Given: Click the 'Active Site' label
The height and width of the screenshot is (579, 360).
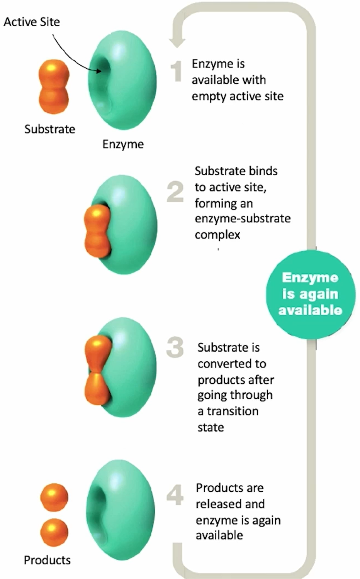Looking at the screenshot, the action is [x=32, y=22].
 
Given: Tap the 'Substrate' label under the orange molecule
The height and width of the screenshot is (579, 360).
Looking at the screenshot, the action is [x=49, y=129].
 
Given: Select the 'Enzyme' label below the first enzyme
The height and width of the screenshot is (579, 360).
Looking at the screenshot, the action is [x=123, y=144].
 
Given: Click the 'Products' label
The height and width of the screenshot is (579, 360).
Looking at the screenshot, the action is [x=47, y=560].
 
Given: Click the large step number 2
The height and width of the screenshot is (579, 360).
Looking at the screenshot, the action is [x=175, y=192].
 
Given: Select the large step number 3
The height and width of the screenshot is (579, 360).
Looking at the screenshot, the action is [x=175, y=347].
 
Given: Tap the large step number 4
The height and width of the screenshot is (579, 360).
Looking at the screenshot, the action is [x=175, y=495].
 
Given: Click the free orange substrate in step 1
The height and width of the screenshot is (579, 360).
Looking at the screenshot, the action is [x=54, y=86].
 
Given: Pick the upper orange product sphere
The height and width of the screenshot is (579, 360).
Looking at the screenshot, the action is [x=54, y=497].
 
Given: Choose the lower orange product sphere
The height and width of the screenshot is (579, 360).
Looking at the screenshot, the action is [x=54, y=532].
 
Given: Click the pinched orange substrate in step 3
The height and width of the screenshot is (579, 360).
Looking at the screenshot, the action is [x=97, y=371].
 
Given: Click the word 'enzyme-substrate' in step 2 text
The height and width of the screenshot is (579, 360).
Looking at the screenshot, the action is [x=243, y=218].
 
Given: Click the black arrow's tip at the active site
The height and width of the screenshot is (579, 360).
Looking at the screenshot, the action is [x=100, y=71].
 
